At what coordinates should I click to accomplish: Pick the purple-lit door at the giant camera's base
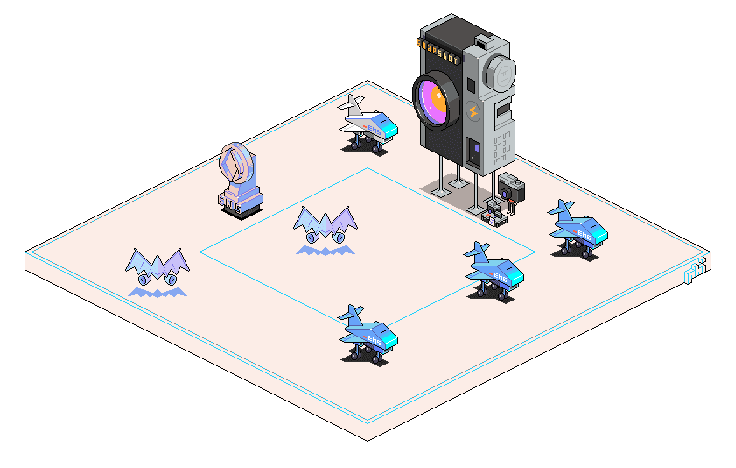click(x=473, y=152)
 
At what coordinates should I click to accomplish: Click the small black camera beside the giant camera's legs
click(x=511, y=188)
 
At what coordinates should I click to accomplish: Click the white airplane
click(x=368, y=124)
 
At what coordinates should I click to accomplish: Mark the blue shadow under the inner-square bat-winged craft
click(x=326, y=251)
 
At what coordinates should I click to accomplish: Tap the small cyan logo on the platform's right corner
click(x=696, y=272)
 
